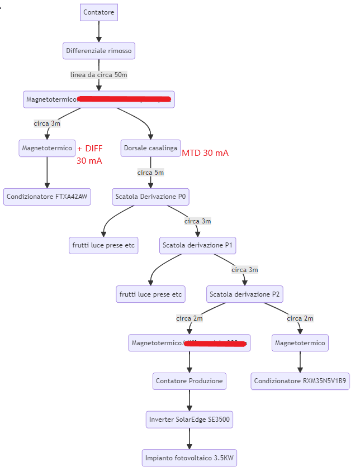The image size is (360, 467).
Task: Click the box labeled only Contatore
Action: point(99,12)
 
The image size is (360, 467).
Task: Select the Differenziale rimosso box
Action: point(99,51)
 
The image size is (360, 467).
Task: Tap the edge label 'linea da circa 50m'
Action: point(99,75)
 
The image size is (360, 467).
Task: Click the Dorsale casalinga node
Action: point(150,148)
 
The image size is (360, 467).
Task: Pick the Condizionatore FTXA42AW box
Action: point(48,197)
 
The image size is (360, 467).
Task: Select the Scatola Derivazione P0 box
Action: point(150,197)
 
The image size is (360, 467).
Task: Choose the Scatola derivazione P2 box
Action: point(244,294)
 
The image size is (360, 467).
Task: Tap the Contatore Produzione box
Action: point(190,381)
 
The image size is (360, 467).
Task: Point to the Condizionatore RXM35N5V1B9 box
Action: point(300,381)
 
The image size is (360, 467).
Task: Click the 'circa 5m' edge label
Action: point(150,173)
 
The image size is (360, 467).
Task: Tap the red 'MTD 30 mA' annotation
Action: point(205,153)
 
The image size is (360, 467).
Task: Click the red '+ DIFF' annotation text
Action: point(90,148)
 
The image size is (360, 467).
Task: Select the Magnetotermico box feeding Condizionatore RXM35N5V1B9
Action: point(300,343)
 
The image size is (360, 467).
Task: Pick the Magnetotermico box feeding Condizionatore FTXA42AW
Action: point(47,148)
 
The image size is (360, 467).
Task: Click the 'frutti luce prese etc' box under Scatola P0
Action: point(103,245)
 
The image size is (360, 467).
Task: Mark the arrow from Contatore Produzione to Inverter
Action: point(190,401)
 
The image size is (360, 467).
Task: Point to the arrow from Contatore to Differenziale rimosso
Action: point(99,31)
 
